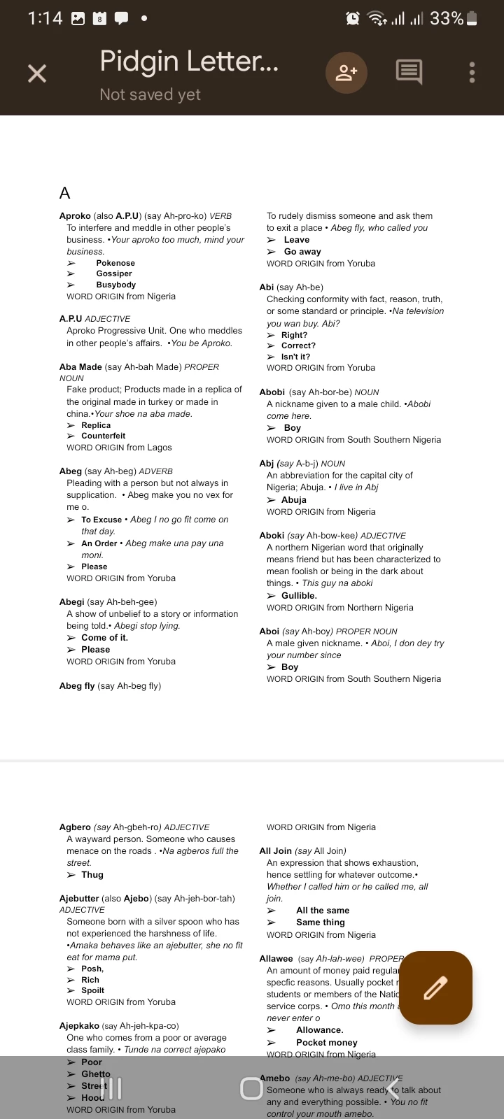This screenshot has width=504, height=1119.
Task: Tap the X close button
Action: coord(37,73)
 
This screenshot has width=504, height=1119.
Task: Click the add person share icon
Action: coord(346,72)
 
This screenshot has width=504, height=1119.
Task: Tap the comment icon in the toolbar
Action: coord(409,71)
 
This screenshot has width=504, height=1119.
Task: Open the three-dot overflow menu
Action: coord(472,72)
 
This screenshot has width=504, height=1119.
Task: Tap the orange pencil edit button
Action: coord(435,988)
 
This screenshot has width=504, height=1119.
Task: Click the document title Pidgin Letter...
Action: coord(189,62)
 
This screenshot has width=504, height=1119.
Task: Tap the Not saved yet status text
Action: coord(150,94)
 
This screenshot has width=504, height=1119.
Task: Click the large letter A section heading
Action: coord(65,193)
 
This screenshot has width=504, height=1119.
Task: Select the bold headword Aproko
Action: coord(75,216)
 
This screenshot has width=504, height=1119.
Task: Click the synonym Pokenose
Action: coord(115,263)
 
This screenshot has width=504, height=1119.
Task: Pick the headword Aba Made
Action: coord(80,366)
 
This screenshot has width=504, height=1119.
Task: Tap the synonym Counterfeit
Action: coord(103,436)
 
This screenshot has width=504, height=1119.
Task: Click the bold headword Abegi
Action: coord(71,601)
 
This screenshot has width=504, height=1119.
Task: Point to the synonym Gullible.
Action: coord(299,596)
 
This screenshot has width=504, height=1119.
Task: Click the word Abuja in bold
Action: coord(293,500)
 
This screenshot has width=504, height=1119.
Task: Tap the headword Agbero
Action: coord(75,827)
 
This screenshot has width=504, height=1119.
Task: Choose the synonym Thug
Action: coord(92,875)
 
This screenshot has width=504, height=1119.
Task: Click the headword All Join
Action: coord(275,851)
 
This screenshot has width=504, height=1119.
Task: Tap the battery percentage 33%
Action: coord(447,19)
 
